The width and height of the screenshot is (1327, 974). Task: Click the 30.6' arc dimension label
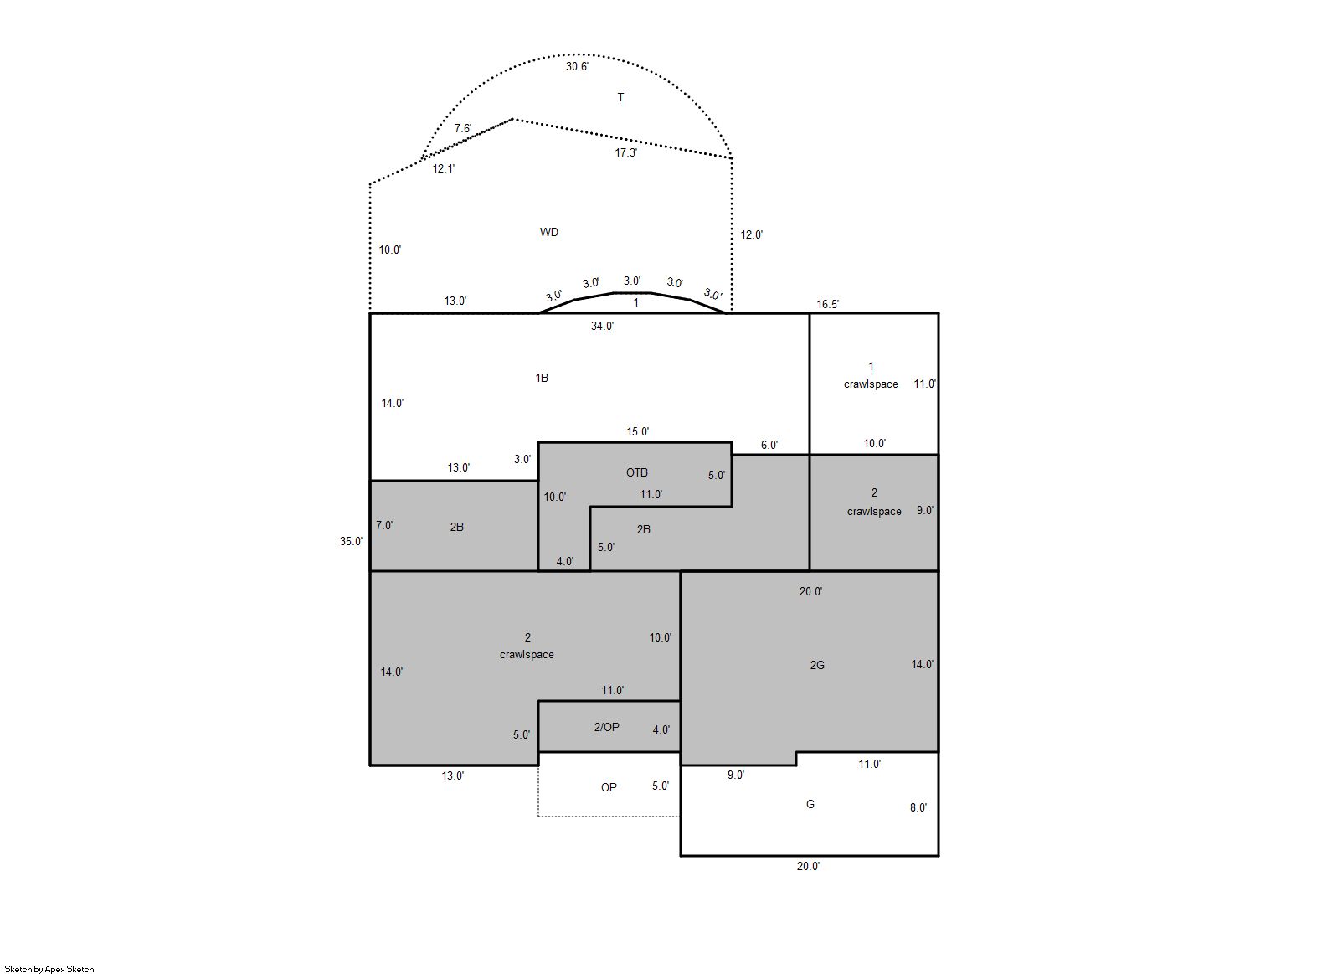577,66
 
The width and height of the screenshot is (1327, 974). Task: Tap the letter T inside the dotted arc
620,97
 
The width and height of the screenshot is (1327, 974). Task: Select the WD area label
548,232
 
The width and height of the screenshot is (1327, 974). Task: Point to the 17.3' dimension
625,153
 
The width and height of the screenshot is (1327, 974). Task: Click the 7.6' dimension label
463,129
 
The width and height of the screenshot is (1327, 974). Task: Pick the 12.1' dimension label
443,169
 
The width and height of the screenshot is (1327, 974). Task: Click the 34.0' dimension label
602,326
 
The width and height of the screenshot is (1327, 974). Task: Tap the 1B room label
542,378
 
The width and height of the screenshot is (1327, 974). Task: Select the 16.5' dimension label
828,305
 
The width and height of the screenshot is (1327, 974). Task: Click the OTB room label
637,473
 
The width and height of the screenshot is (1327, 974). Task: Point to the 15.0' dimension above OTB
637,432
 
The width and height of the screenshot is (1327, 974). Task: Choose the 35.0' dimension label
351,542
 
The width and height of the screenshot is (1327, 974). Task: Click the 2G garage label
817,665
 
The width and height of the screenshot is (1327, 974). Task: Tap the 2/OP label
607,728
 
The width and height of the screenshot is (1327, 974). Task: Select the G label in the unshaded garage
810,805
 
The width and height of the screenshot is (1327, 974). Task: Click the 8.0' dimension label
918,807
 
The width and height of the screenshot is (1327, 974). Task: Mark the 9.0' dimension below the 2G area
736,775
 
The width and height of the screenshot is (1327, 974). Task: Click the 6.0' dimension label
769,446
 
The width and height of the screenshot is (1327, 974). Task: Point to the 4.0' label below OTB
564,562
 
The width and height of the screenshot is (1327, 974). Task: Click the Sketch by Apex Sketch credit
49,969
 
